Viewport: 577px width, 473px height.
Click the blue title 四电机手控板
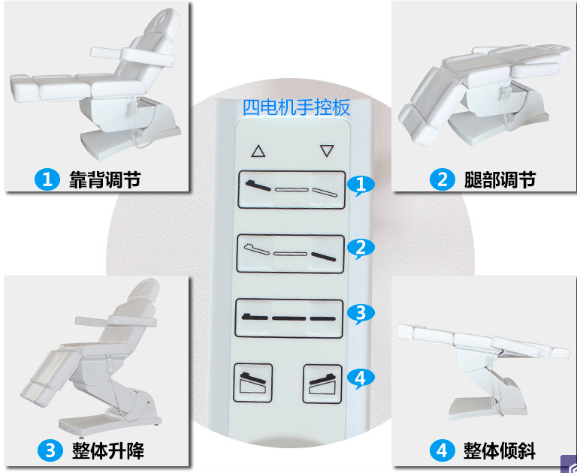click(296, 108)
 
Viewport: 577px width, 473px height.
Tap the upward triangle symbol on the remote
click(258, 152)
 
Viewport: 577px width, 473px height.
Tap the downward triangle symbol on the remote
click(327, 150)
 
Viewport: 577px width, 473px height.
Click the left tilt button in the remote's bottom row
click(252, 382)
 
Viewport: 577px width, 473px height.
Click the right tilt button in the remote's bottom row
click(322, 384)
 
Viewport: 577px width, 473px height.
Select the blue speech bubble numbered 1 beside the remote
click(361, 185)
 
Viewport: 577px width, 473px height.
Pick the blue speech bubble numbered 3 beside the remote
click(361, 313)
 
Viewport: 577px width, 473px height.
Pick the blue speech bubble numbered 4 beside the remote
click(361, 378)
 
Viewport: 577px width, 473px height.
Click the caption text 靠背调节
click(105, 180)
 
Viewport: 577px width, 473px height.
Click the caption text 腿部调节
click(500, 180)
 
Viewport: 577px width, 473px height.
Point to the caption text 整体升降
click(108, 450)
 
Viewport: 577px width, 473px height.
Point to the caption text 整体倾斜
click(499, 450)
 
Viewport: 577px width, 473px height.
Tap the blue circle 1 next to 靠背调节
click(47, 180)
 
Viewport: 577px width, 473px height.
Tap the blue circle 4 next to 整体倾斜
click(442, 450)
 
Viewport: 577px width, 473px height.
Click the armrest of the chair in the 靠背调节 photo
click(132, 56)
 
